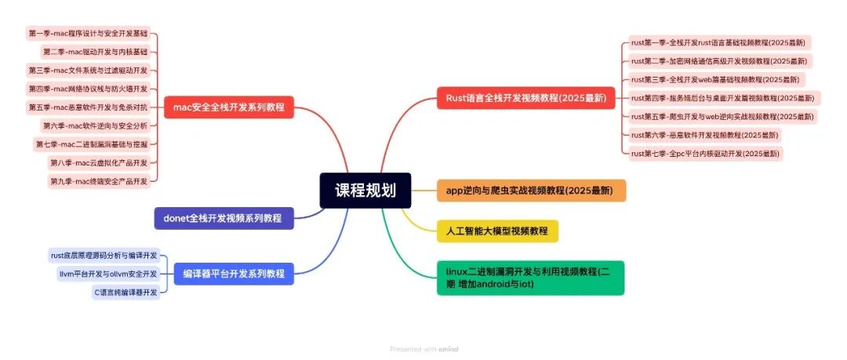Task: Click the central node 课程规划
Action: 365,191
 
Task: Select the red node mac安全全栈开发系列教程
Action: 229,107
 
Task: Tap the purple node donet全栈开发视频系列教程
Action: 224,217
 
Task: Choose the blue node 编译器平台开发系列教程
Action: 233,274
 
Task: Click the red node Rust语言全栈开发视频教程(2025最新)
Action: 525,98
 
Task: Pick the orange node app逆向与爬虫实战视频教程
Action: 531,191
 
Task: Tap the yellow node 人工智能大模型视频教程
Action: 497,231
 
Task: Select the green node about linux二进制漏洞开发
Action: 530,278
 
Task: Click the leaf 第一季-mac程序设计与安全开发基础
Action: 89,34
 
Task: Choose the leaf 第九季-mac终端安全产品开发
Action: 100,181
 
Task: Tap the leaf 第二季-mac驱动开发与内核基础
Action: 96,52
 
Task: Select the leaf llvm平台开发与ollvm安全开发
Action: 108,274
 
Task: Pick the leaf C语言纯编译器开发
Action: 126,292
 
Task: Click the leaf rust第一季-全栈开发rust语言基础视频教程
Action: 718,42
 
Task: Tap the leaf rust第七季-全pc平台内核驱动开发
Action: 705,154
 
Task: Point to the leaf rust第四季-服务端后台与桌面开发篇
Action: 724,98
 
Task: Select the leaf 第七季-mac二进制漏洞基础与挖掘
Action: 93,144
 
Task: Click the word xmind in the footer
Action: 448,349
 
